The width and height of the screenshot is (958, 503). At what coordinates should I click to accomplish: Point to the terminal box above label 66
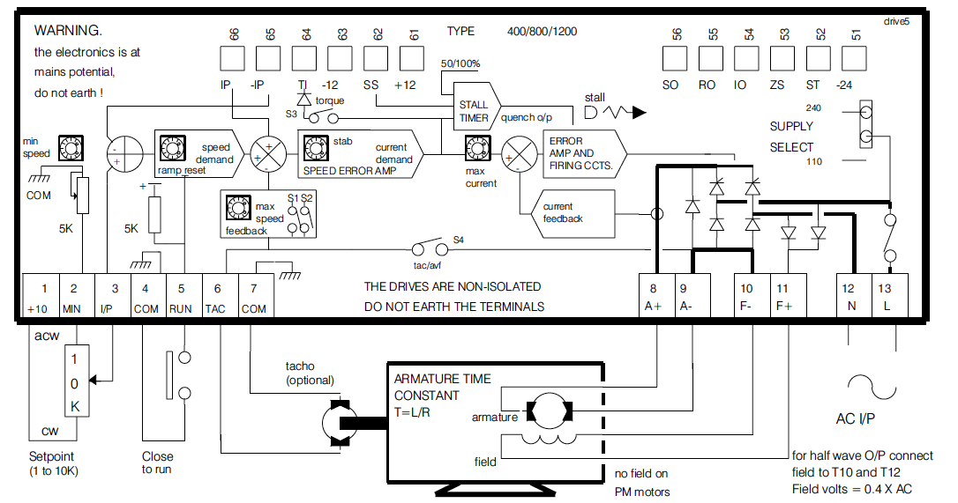[x=232, y=58]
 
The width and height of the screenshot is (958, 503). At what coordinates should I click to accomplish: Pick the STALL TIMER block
[x=475, y=111]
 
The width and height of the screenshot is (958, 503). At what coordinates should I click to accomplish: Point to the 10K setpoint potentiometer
[x=76, y=381]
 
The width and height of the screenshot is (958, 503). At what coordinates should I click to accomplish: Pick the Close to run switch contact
[x=172, y=376]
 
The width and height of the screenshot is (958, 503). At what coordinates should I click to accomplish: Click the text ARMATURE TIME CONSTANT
[x=443, y=387]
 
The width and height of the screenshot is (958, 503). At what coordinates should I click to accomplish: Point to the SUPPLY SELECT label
[x=791, y=137]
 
